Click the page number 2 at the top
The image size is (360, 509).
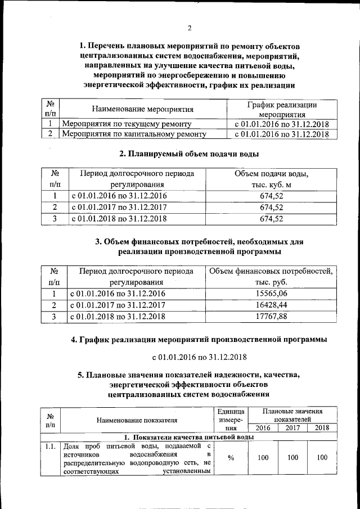pos(189,28)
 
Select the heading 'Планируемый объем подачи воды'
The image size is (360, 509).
pos(189,154)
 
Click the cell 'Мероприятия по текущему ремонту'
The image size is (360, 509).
pos(127,124)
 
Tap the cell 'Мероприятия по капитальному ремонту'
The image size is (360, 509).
pos(134,134)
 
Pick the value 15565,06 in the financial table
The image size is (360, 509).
pos(271,294)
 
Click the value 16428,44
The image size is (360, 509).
pos(271,305)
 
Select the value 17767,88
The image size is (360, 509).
pos(271,317)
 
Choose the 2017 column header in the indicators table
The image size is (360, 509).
pos(292,428)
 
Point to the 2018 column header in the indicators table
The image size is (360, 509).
pos(322,428)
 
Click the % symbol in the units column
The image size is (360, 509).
pos(231,458)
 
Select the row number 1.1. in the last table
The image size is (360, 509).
pos(51,446)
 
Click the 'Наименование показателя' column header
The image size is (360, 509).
pos(137,420)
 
